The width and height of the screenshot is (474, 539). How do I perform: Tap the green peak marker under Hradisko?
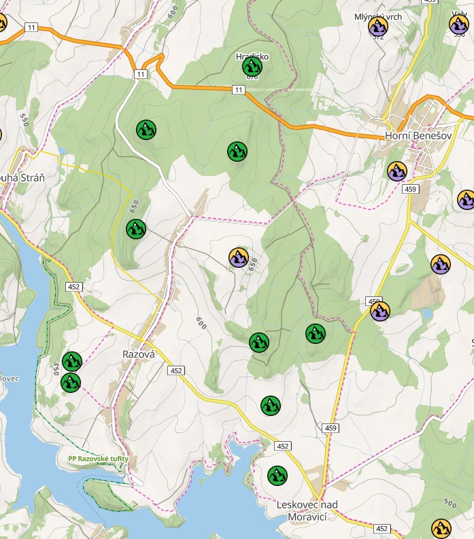click(x=252, y=67)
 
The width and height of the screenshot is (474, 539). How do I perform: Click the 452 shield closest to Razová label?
click(x=177, y=370)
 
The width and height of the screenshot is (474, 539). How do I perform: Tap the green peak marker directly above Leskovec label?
click(x=277, y=476)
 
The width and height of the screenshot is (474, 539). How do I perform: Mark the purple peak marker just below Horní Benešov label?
click(x=397, y=171)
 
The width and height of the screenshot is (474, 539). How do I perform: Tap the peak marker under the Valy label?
click(x=459, y=25)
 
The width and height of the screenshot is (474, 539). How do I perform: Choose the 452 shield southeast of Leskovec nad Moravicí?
click(x=382, y=528)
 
